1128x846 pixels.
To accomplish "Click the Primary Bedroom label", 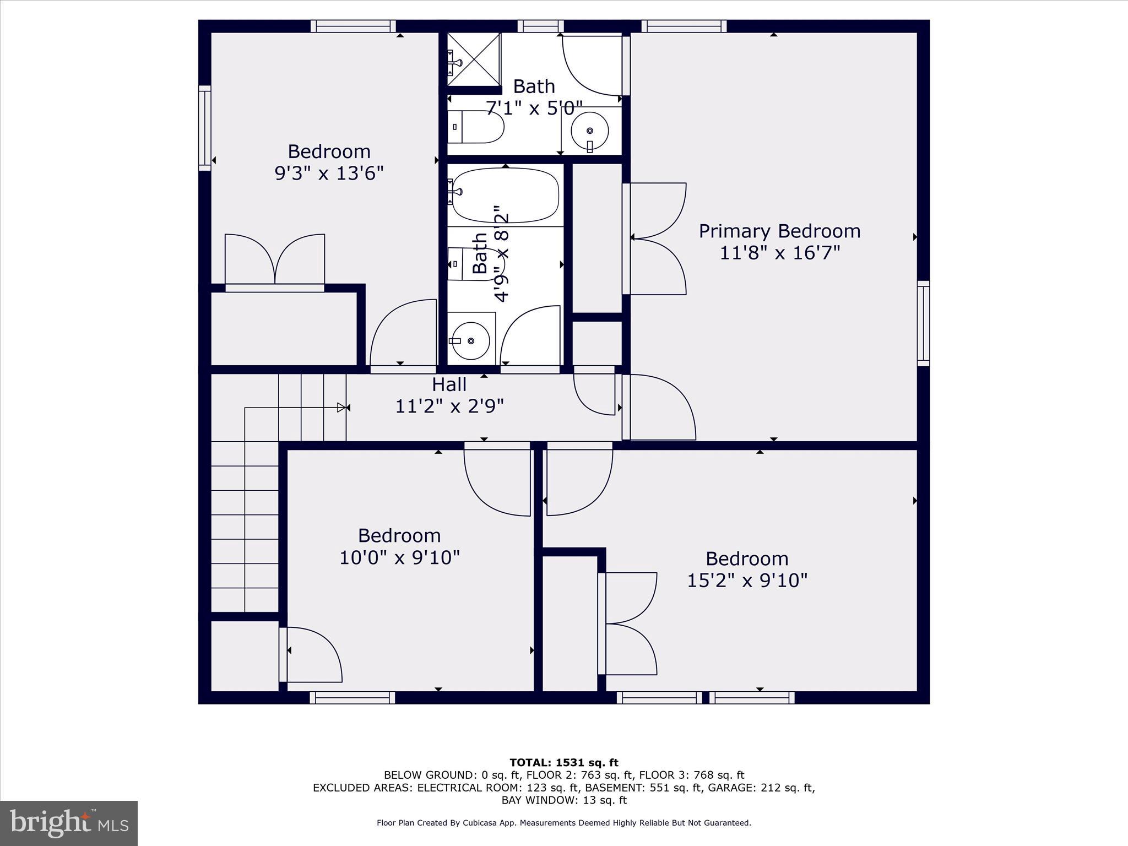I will coord(779,231).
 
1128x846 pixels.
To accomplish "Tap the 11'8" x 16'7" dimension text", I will coord(779,253).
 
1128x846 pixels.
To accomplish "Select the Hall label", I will coord(449,384).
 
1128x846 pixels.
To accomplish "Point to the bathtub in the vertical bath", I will coord(505,194).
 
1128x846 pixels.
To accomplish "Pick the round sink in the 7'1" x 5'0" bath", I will coord(590,131).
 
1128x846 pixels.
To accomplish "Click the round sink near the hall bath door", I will coord(471,341).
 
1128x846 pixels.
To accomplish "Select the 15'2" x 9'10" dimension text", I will coord(746,581).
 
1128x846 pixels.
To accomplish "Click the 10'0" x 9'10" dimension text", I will coord(399,557).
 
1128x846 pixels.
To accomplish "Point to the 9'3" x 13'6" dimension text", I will coord(329,173).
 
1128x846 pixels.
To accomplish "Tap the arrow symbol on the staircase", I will coord(343,408).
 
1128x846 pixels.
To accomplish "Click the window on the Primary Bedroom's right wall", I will coord(923,323).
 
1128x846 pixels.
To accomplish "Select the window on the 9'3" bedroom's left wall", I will coord(205,128).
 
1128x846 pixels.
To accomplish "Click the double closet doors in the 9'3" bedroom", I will coord(274,260).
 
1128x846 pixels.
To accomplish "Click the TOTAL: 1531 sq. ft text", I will coord(564,763).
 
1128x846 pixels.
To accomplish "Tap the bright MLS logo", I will coord(69,823).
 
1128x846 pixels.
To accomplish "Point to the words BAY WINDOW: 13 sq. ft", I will coord(564,800).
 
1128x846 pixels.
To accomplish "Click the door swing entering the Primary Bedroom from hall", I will coord(661,408).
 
